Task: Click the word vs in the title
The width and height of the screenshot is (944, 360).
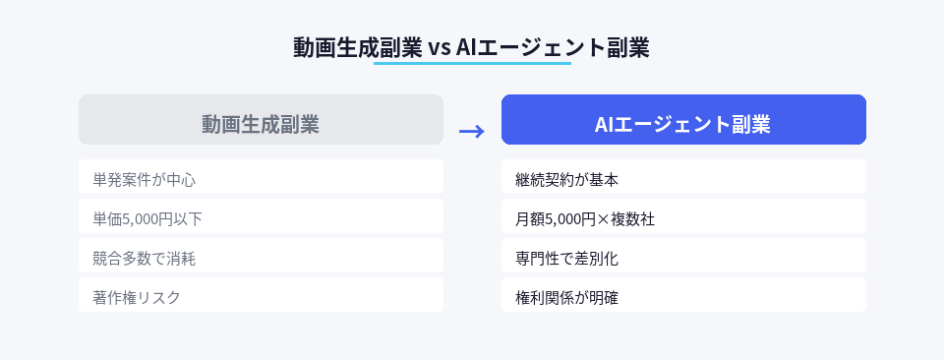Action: [x=440, y=48]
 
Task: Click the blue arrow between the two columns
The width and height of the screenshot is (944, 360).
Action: [x=472, y=132]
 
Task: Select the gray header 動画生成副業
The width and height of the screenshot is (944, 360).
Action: [x=261, y=120]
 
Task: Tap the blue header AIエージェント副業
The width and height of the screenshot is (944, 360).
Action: [x=683, y=120]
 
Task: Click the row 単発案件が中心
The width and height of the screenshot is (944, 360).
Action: [x=261, y=178]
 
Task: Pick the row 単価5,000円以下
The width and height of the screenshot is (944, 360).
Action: [x=261, y=217]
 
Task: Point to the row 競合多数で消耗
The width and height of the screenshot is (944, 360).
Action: [x=261, y=257]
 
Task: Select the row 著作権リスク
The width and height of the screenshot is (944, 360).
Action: [x=261, y=296]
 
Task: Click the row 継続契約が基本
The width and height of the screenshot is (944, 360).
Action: [x=683, y=178]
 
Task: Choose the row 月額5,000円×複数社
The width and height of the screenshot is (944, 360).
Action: [x=683, y=217]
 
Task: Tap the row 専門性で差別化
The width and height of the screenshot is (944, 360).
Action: [x=683, y=257]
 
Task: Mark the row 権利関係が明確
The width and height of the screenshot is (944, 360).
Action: [x=683, y=296]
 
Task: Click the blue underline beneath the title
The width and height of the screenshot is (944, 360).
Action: [x=472, y=65]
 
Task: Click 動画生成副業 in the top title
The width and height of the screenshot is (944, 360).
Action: [x=358, y=48]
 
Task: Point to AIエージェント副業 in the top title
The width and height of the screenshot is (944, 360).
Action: [x=553, y=48]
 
